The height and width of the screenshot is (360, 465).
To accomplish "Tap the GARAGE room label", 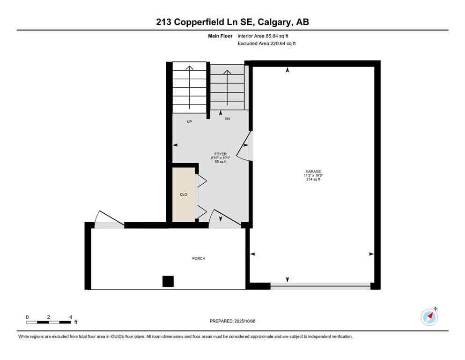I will (x=313, y=172).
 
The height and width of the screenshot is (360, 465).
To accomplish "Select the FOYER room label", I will (x=220, y=154).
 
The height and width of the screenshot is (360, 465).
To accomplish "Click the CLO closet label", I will (x=184, y=194).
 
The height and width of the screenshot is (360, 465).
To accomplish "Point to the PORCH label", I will (x=199, y=258).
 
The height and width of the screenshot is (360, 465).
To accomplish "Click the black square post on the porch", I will (x=168, y=281).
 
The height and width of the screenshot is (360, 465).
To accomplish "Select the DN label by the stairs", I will (x=227, y=119).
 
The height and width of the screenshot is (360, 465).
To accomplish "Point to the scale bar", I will (x=49, y=322).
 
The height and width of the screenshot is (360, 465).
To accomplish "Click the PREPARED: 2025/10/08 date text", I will (x=232, y=321).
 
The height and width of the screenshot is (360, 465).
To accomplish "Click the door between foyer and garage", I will (x=245, y=146).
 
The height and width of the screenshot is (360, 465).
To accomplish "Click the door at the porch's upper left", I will (x=109, y=220).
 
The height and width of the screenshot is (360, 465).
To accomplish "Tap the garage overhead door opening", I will (x=321, y=285).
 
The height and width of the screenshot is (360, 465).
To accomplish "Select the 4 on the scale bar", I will (x=70, y=317).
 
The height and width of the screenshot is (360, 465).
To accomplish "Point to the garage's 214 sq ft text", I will (x=313, y=180).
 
